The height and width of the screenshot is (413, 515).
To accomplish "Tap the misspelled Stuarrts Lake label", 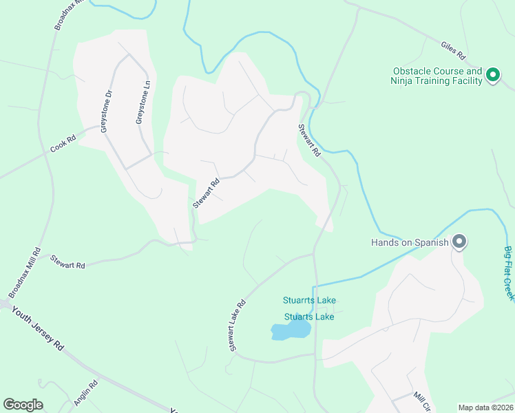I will [x=309, y=300].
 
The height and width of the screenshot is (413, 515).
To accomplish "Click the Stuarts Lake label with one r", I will [x=309, y=317].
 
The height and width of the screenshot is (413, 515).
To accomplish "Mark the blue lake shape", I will [x=291, y=332].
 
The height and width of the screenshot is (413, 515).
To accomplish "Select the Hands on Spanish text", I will [x=410, y=242].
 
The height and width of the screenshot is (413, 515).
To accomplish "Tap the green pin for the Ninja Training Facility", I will [x=492, y=74].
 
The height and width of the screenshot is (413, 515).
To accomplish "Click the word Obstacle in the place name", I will [x=412, y=71].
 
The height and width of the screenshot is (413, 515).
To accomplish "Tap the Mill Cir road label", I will [x=422, y=401].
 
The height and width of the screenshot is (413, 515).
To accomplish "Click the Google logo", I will [x=23, y=405].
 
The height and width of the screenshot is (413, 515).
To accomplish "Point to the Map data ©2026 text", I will [x=485, y=407].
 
